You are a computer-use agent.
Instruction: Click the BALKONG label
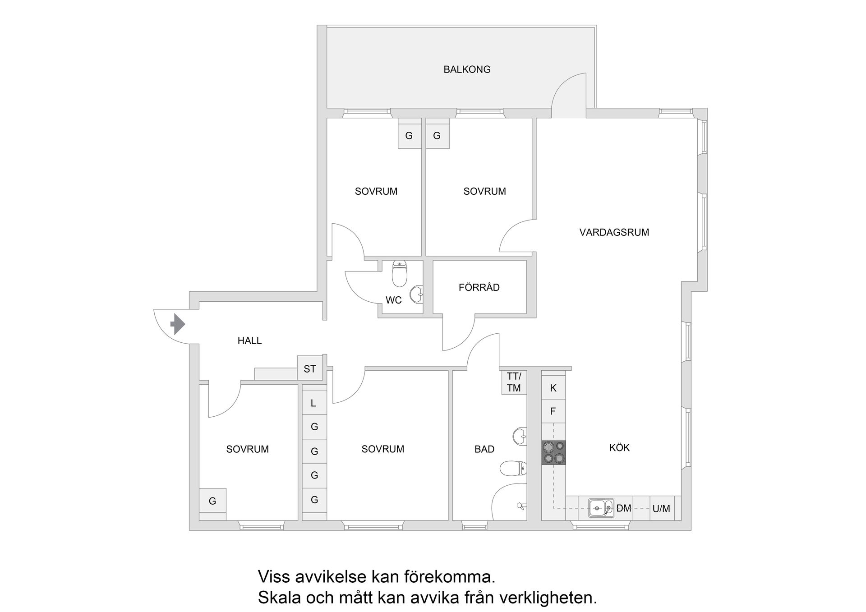pyautogui.click(x=467, y=69)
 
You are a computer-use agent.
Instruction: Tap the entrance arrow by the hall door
pyautogui.click(x=178, y=324)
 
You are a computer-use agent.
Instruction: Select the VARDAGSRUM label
pyautogui.click(x=614, y=232)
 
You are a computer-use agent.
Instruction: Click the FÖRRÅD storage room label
pyautogui.click(x=479, y=287)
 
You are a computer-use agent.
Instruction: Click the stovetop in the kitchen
pyautogui.click(x=553, y=452)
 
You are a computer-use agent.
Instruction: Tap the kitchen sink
pyautogui.click(x=601, y=508)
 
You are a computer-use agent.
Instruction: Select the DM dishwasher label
pyautogui.click(x=624, y=508)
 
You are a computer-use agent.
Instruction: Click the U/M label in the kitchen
pyautogui.click(x=661, y=509)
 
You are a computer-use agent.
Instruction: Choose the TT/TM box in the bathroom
pyautogui.click(x=514, y=382)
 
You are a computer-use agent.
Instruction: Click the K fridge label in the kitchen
pyautogui.click(x=553, y=388)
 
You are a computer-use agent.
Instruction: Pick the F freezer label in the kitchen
pyautogui.click(x=553, y=411)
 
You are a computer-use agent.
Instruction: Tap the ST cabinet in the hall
pyautogui.click(x=309, y=369)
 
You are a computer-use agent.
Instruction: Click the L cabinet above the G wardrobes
pyautogui.click(x=313, y=403)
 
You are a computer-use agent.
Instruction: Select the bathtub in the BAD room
pyautogui.click(x=510, y=503)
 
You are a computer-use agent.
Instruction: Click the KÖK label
pyautogui.click(x=619, y=447)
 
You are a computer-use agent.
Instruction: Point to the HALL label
pyautogui.click(x=249, y=341)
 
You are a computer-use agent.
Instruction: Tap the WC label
pyautogui.click(x=393, y=300)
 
